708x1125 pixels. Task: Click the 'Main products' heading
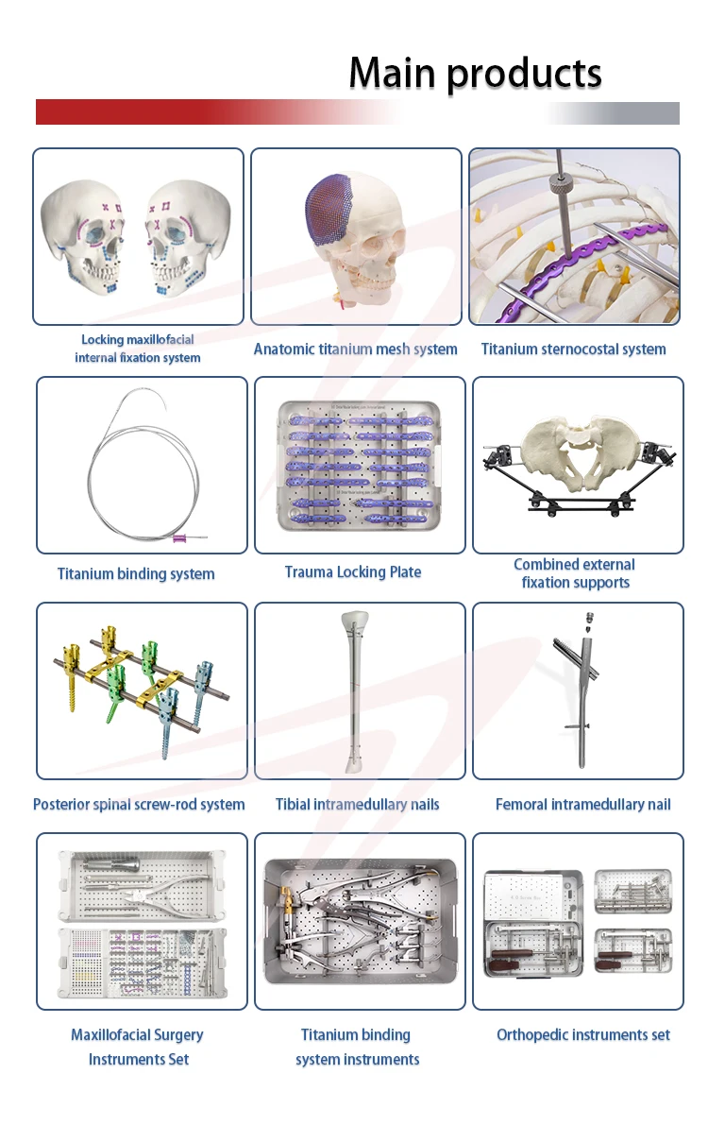475,73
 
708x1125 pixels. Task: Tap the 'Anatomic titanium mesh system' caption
355,349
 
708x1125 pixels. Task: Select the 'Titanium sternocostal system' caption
573,349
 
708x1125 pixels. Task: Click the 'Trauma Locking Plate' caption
353,571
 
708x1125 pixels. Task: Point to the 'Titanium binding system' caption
136,573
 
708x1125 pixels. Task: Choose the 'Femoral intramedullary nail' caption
582,805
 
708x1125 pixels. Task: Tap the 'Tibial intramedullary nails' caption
357,805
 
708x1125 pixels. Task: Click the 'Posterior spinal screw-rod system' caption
139,805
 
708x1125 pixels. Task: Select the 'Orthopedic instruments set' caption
582,1035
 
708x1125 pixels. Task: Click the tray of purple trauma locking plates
359,465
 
